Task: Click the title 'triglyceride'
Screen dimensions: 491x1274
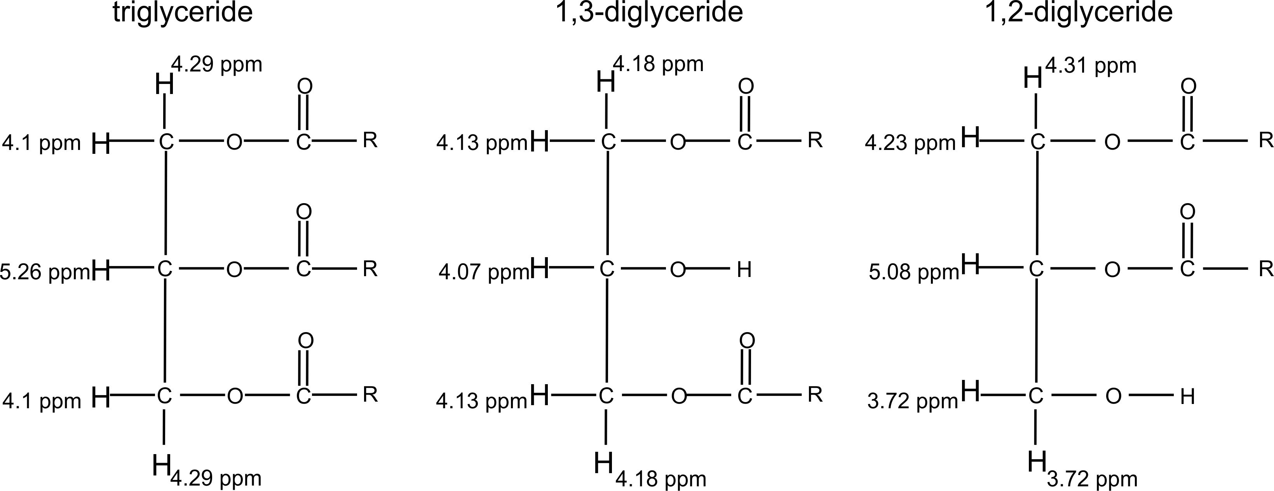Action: click(x=183, y=13)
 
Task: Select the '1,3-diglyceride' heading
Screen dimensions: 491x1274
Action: click(x=649, y=13)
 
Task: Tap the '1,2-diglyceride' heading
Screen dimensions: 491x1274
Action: click(x=1079, y=13)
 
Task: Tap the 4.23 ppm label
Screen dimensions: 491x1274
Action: click(x=910, y=143)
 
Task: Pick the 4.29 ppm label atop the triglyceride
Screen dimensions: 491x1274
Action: click(x=217, y=64)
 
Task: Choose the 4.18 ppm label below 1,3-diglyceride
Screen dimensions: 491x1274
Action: click(x=661, y=479)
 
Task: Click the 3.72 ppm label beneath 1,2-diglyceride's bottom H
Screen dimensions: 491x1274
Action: click(x=1092, y=479)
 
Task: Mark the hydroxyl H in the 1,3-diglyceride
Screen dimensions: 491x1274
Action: click(x=744, y=270)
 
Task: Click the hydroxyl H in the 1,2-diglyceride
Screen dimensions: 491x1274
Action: click(x=1187, y=397)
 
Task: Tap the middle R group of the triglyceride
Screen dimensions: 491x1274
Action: click(x=370, y=269)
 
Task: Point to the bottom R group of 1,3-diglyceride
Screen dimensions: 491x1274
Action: click(x=815, y=395)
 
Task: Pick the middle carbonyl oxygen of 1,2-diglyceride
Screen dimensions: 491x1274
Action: click(x=1187, y=212)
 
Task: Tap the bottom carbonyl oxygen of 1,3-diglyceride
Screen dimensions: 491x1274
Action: click(x=747, y=341)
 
